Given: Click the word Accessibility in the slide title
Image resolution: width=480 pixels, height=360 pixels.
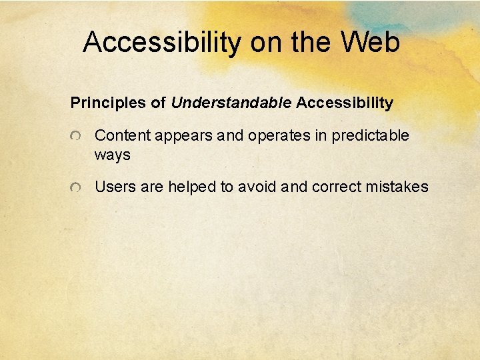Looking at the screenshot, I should tap(163, 43).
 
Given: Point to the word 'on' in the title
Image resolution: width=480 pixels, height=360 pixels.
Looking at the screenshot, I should tap(266, 43).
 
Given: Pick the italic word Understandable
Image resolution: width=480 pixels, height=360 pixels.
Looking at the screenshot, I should tap(231, 103).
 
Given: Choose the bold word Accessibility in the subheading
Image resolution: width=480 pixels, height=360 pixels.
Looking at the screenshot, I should tap(345, 103).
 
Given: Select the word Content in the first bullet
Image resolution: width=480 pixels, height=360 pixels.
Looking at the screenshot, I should tap(123, 135).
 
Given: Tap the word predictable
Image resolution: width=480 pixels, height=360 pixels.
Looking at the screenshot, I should tap(370, 135).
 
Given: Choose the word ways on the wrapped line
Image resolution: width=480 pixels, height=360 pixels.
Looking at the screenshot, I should tap(112, 155).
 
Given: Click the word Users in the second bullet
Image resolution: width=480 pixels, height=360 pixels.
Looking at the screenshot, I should tap(115, 187).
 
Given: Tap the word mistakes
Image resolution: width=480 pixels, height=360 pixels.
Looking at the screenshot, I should tap(397, 187).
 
